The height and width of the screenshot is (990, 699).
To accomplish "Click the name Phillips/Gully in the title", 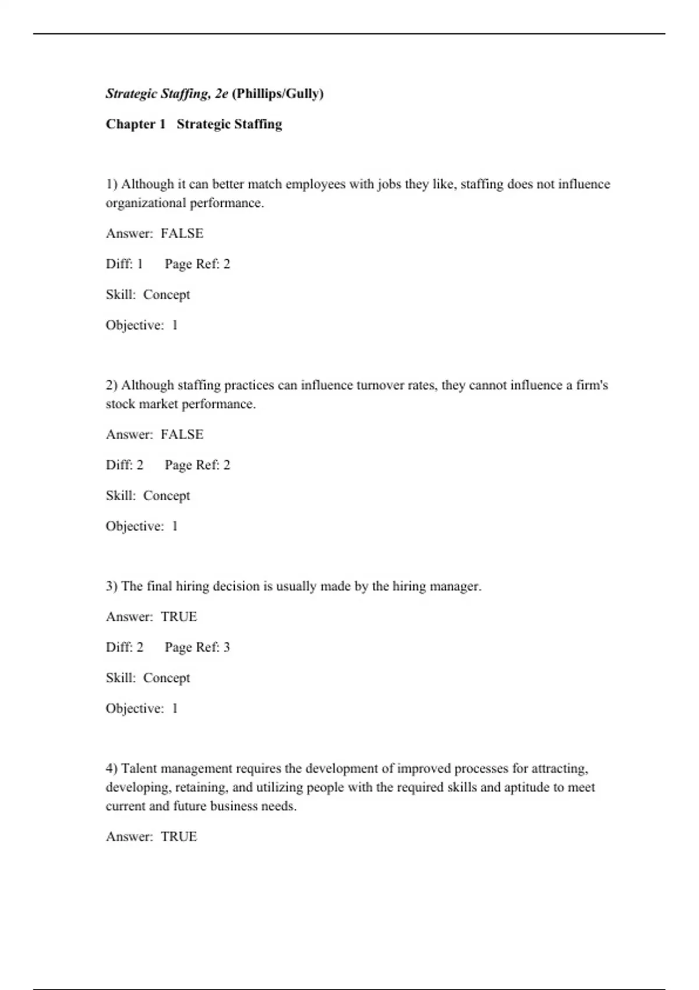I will click(x=278, y=94).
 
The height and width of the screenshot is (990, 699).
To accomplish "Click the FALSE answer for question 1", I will click(x=182, y=234).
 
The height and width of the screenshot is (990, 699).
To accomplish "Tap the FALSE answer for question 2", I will click(x=182, y=434).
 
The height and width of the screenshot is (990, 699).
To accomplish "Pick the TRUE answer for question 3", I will click(x=179, y=617).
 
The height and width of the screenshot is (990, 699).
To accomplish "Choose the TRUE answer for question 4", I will click(x=179, y=837).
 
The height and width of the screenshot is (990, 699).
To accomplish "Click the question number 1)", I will click(x=112, y=184).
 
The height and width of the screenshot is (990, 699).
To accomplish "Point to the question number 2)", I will click(x=112, y=385).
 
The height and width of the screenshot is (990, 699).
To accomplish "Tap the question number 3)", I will click(x=112, y=586).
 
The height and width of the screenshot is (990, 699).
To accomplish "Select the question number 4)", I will click(x=112, y=769).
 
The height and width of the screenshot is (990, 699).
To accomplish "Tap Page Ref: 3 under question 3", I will click(x=197, y=648).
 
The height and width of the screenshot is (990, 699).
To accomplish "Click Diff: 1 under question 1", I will click(x=124, y=264).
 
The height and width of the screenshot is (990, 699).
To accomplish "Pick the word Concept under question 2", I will click(x=167, y=496).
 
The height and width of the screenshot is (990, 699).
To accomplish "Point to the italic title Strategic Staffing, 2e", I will click(x=167, y=94).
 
